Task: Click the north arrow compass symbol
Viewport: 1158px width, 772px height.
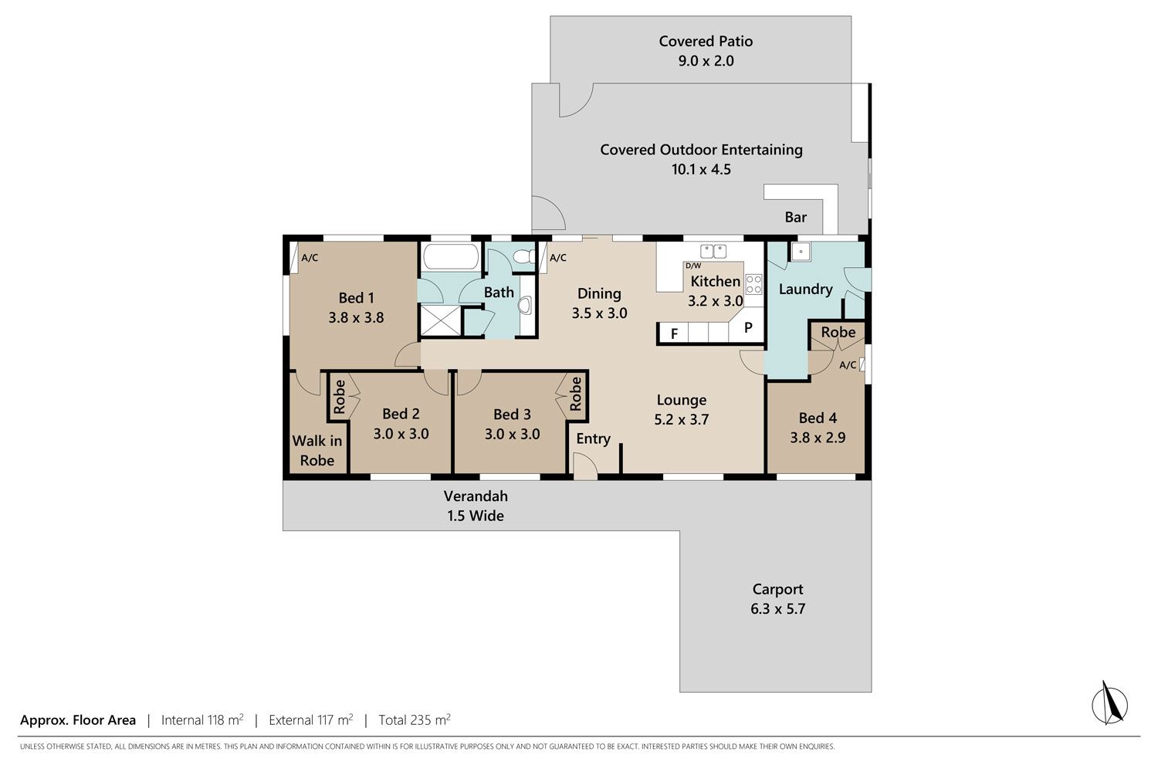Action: coord(1109,704)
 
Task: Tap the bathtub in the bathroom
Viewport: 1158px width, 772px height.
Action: coord(451,257)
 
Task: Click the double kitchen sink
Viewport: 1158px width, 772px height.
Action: coord(713,252)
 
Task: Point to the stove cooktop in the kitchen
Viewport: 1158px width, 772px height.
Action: coord(753,284)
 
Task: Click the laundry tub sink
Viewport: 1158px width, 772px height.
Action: coord(801,252)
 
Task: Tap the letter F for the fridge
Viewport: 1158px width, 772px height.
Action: coord(674,334)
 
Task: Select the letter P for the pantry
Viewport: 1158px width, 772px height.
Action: coord(747,327)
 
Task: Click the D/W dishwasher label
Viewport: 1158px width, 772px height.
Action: coord(693,266)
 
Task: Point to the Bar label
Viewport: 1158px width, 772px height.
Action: coord(796,217)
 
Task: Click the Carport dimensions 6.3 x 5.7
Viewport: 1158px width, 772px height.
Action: coord(777,608)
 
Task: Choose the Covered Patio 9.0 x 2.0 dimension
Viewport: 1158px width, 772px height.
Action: coord(706,61)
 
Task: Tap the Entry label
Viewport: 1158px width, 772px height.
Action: coord(593,438)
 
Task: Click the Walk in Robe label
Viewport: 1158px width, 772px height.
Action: coord(317,450)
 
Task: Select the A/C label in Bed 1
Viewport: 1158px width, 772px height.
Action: coord(310,258)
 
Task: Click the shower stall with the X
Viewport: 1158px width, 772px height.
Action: coord(440,320)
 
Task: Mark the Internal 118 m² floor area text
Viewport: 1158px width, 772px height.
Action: coord(202,720)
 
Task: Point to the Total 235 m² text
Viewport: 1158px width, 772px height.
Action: coord(415,720)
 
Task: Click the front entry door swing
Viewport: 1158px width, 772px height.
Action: coord(585,466)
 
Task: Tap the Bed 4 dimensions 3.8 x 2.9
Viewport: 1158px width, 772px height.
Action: coord(818,438)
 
